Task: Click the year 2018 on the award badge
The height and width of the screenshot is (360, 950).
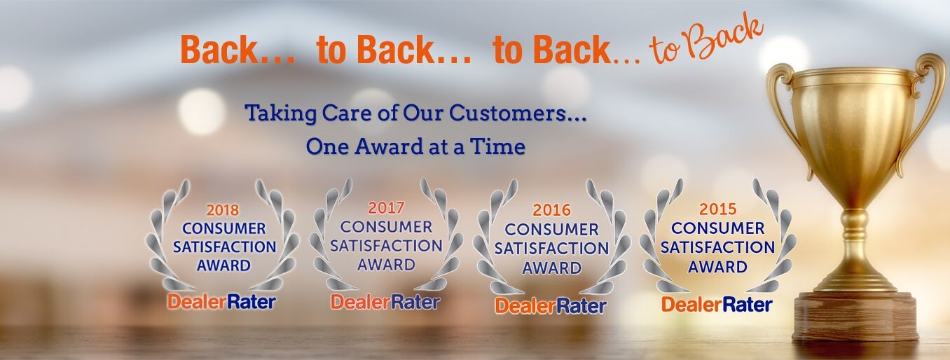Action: pos(223,210)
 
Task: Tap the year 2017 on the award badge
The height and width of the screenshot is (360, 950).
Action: pos(386,208)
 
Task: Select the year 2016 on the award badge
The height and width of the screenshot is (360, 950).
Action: pos(552,210)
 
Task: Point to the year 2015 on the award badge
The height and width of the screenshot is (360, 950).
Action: pos(717,209)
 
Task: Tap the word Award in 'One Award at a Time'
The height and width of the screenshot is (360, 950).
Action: pos(389,146)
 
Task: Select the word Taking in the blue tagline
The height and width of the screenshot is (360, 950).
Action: pos(281,113)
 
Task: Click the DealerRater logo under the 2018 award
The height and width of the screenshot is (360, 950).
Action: pos(221,302)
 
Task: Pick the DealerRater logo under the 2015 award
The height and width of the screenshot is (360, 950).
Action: pos(717,305)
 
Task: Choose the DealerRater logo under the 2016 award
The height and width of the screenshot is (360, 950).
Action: pos(551,306)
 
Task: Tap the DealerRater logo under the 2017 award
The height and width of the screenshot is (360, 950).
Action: pos(385,302)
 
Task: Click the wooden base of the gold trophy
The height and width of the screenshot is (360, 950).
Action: pos(855,316)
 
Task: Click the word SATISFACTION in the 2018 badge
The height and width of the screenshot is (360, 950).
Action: pos(224,247)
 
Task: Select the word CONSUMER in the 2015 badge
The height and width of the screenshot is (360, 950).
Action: pos(717,228)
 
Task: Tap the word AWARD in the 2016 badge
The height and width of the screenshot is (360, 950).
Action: pos(552,268)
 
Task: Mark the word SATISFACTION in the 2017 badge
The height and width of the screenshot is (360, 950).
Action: pos(386,246)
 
